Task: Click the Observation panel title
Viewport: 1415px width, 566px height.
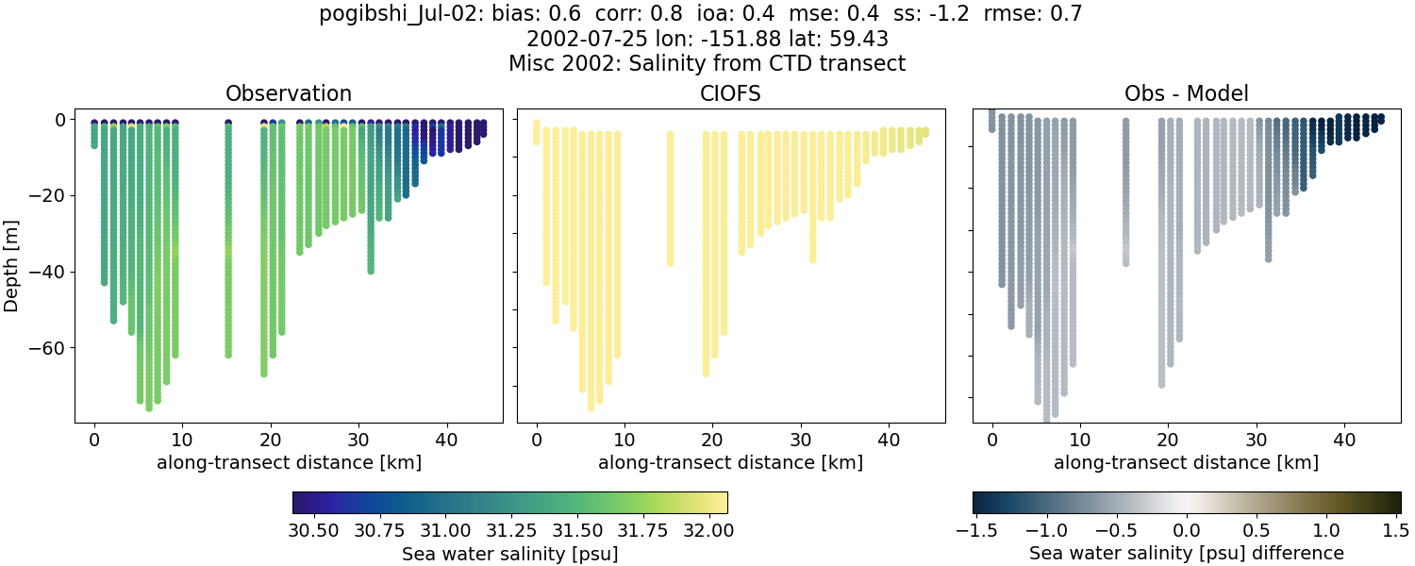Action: pyautogui.click(x=288, y=93)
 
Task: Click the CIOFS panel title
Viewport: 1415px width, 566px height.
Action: pyautogui.click(x=730, y=93)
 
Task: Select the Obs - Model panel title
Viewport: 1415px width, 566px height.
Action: pyautogui.click(x=1186, y=93)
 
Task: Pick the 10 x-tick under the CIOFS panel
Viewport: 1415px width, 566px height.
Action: pyautogui.click(x=624, y=440)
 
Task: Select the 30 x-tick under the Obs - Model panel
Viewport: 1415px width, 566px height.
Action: pyautogui.click(x=1256, y=440)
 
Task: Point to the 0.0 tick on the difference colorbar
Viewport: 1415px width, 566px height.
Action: pyautogui.click(x=1187, y=531)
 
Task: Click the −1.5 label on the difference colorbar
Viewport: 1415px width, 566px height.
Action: pyautogui.click(x=973, y=531)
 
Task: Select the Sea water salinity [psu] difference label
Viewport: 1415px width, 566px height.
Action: pyautogui.click(x=1186, y=553)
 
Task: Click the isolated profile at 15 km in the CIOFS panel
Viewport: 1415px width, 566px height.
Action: pyautogui.click(x=671, y=198)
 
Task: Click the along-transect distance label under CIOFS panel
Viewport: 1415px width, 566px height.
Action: pyautogui.click(x=730, y=463)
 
